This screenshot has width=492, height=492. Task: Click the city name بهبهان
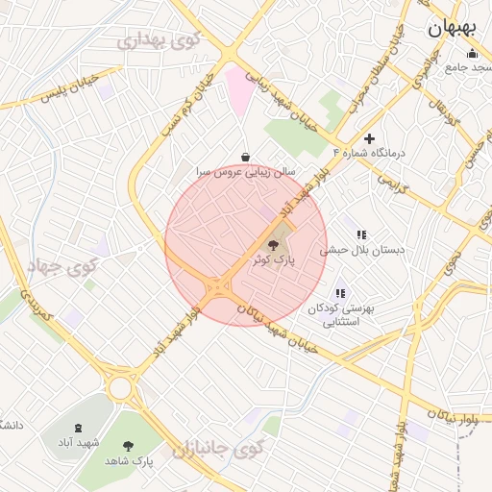pos(452,29)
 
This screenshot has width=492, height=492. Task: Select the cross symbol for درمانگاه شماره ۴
pos(369,139)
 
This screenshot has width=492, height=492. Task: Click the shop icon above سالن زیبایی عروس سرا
pos(246,157)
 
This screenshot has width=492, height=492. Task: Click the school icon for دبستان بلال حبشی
pos(361,234)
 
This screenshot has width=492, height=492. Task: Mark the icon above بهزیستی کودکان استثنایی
pos(339,293)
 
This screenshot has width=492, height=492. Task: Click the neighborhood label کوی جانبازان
pos(218,449)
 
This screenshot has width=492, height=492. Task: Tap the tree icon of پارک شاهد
pos(129,445)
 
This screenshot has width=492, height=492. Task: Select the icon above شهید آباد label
pos(78,428)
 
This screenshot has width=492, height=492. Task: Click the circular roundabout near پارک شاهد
pos(121,387)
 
